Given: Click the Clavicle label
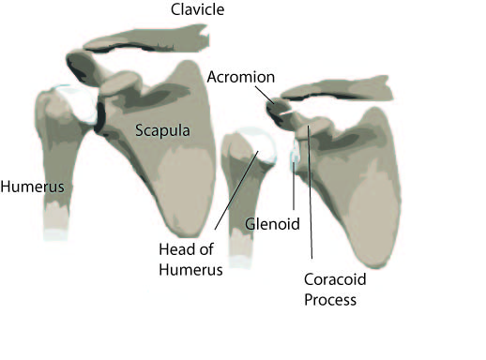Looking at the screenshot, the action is point(197,9).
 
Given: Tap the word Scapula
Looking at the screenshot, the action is point(162,130).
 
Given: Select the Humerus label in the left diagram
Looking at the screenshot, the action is point(32,187).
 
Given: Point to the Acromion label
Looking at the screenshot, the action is point(241,77).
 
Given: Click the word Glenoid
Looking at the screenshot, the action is point(272,224).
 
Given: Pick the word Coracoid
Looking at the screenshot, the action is point(335,279).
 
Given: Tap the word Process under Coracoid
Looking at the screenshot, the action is point(330,299).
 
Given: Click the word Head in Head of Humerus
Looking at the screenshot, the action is point(176,249).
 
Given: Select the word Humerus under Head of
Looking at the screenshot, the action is point(190,270).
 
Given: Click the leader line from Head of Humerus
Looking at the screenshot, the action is point(236,190).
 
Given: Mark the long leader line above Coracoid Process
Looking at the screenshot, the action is point(310,192).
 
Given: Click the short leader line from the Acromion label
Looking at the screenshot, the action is point(265,95).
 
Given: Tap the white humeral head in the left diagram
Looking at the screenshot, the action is point(78,102).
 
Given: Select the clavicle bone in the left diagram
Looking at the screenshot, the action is point(146,40).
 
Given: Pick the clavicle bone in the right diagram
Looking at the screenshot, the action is point(337,89).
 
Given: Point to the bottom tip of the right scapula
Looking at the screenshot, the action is point(376,267).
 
